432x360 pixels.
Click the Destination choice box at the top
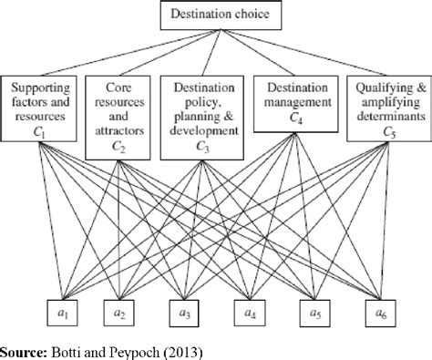(x=216, y=15)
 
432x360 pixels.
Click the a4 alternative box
(x=249, y=313)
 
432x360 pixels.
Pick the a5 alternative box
(x=314, y=313)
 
